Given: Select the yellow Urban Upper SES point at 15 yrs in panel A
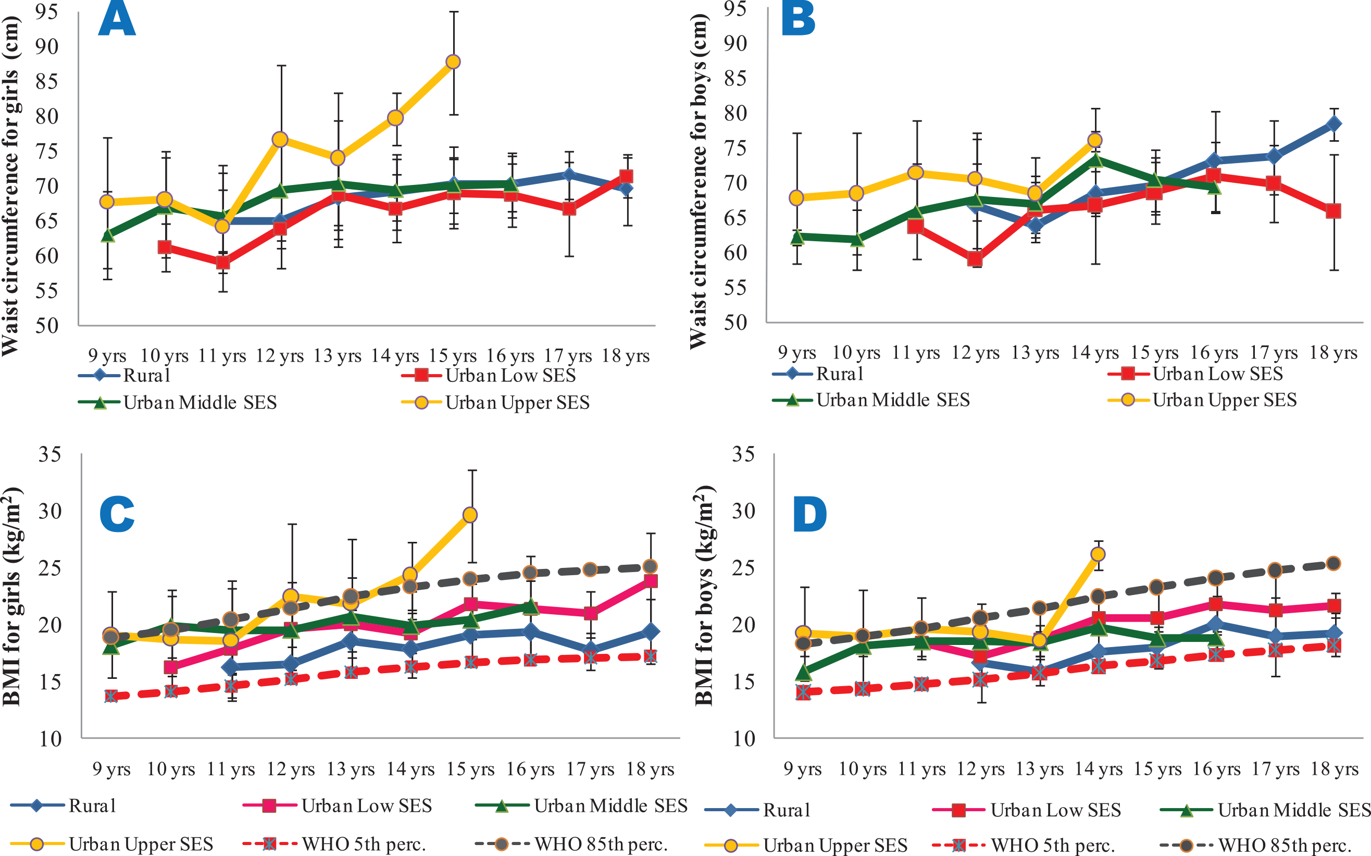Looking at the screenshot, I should click(453, 61).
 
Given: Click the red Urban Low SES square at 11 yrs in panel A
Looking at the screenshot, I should click(222, 263).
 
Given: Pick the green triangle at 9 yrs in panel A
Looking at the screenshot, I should click(107, 235).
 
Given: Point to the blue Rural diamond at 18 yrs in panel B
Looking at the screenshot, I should click(1333, 123).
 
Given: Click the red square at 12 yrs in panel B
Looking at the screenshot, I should click(975, 259).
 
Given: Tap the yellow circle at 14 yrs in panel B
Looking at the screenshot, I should click(1095, 140).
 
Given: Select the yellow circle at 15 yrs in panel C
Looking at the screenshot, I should click(470, 515).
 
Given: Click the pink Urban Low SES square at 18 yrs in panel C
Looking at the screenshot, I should click(651, 581).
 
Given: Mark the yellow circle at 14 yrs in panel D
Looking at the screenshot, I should click(1098, 554).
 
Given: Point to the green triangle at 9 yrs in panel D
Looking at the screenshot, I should click(803, 673).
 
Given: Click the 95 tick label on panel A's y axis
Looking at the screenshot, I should click(46, 11).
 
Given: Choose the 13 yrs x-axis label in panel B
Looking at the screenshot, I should click(1035, 353).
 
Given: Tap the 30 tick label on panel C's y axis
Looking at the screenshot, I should click(50, 511).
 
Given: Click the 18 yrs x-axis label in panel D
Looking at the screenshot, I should click(1334, 770).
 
